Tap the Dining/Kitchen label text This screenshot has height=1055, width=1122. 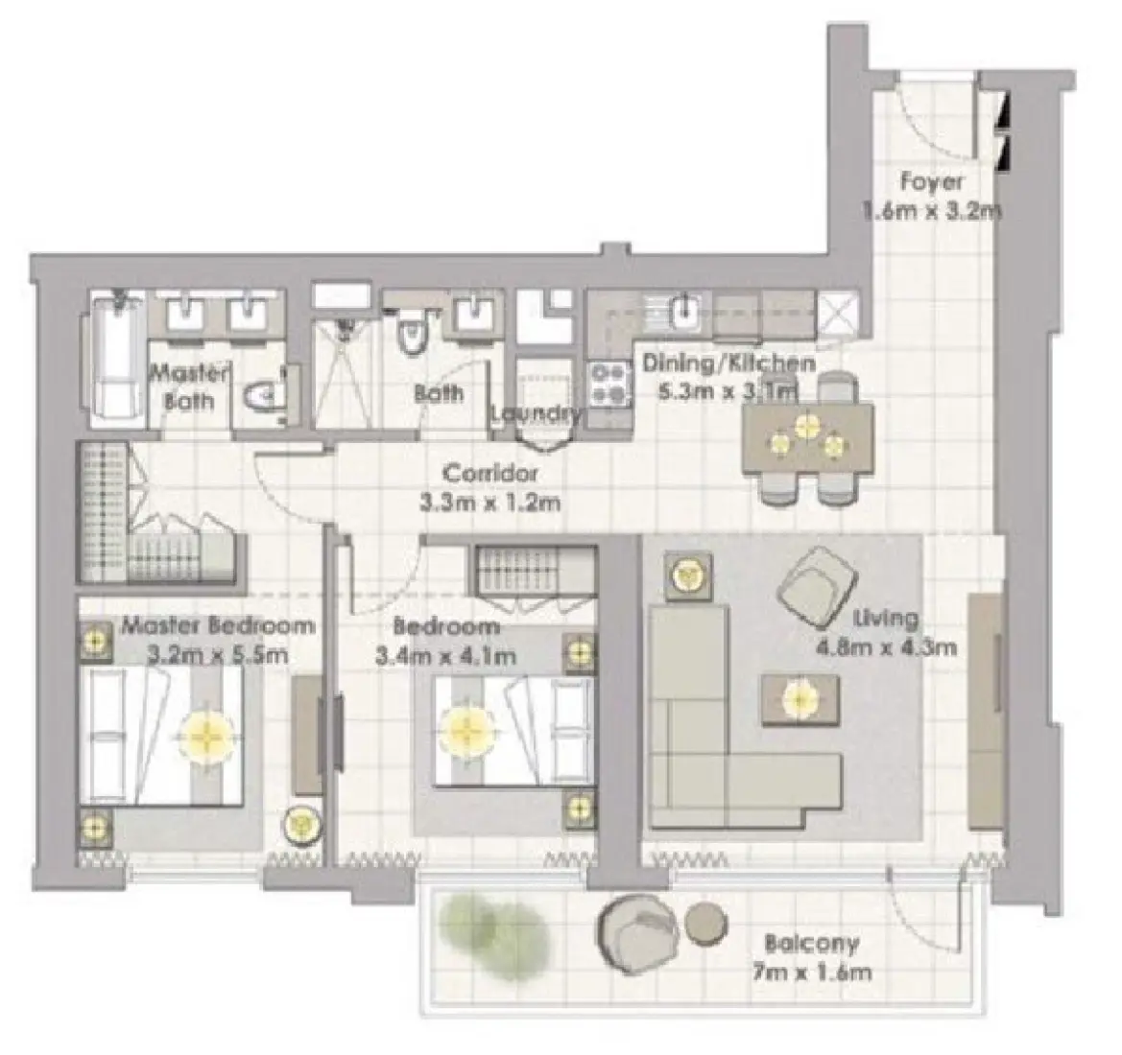(x=728, y=363)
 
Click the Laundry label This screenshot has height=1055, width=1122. (x=536, y=414)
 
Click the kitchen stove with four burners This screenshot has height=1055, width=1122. (x=607, y=383)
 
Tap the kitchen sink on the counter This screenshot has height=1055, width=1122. (x=684, y=311)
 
